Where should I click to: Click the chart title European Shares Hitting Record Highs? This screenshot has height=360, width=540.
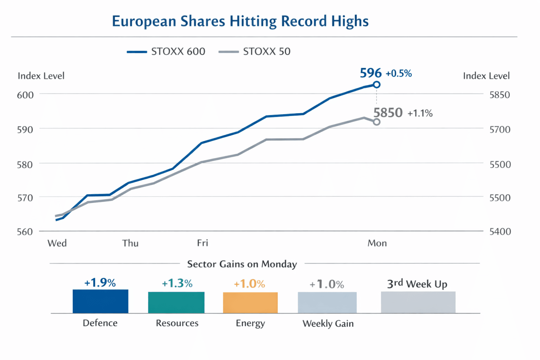[240, 21]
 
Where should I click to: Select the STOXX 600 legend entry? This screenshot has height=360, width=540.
[166, 52]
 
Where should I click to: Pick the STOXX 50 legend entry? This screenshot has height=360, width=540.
[255, 52]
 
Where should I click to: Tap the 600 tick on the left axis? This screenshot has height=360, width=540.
[25, 95]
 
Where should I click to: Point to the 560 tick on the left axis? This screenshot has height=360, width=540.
[25, 232]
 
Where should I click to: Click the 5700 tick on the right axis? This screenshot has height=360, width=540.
[500, 130]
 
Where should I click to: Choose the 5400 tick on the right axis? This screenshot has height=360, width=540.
[500, 232]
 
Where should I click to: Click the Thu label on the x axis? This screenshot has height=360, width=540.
[130, 243]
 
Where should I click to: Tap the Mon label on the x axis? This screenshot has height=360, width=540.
[377, 243]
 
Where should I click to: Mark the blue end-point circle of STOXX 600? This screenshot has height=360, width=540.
[377, 85]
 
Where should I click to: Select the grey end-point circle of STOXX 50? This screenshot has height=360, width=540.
[377, 122]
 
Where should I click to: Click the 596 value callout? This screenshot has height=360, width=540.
[371, 73]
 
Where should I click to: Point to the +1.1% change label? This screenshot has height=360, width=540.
[420, 113]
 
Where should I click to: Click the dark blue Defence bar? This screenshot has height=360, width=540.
[101, 301]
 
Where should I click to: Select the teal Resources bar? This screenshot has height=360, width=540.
[176, 302]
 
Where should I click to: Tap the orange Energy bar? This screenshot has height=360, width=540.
[250, 303]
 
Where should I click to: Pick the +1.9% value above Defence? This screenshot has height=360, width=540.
[100, 283]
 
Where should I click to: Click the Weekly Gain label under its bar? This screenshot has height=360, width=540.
[328, 323]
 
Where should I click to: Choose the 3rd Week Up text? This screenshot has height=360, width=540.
[417, 284]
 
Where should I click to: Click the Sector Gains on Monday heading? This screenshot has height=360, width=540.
[242, 264]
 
